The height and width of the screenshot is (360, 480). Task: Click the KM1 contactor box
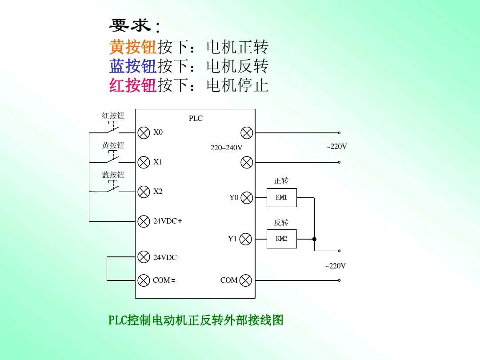click(x=281, y=197)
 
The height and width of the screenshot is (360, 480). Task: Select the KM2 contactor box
click(x=281, y=239)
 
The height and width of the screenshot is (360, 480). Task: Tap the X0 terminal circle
click(x=144, y=132)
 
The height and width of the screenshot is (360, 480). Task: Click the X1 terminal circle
click(x=144, y=162)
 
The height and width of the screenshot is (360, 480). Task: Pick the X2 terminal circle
click(x=144, y=192)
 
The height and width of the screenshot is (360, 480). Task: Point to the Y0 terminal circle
click(x=247, y=198)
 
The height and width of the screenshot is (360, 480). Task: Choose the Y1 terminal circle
click(x=245, y=239)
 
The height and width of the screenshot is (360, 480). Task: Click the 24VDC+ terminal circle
click(x=144, y=221)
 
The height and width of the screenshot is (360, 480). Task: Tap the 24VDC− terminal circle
click(x=144, y=257)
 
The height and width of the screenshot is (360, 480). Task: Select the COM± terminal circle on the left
click(x=144, y=280)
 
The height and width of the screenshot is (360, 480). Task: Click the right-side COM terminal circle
click(x=245, y=280)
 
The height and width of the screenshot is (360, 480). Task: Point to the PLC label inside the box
click(x=196, y=118)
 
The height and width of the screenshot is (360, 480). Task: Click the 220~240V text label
click(x=226, y=148)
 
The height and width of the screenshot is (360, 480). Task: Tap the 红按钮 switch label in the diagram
click(x=113, y=116)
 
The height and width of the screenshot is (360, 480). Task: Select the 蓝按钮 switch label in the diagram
click(x=113, y=175)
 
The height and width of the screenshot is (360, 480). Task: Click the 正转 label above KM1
click(x=281, y=180)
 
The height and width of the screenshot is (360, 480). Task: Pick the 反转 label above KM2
click(x=281, y=222)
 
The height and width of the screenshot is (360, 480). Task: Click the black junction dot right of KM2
click(x=314, y=239)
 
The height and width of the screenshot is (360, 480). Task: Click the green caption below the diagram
click(x=196, y=320)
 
